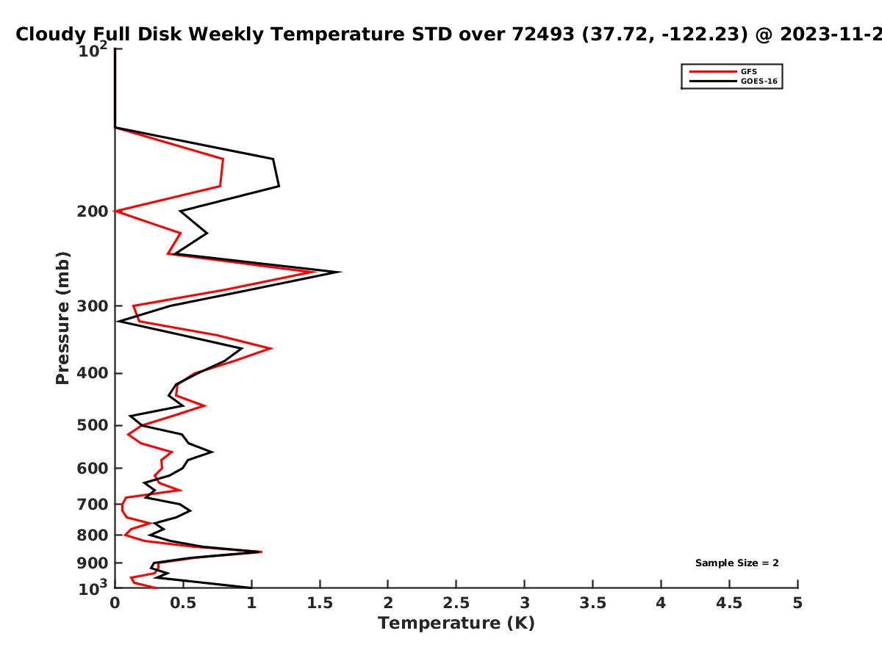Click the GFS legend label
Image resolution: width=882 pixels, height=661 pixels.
[x=748, y=71]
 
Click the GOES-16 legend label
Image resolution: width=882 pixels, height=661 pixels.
[x=759, y=81]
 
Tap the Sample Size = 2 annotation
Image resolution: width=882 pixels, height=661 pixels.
[x=737, y=563]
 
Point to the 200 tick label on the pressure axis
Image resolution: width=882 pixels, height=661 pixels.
[x=93, y=211]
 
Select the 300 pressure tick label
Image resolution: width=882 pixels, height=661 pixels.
[x=93, y=306]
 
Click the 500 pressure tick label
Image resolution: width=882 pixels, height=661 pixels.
[x=93, y=425]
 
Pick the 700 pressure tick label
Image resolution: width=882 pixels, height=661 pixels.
[x=93, y=504]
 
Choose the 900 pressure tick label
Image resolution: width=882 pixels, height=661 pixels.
[x=93, y=563]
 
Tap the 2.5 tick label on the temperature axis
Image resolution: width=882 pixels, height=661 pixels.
[x=456, y=603]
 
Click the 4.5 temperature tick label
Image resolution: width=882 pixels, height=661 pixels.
[x=729, y=603]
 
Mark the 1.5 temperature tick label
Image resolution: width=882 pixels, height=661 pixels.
[x=320, y=603]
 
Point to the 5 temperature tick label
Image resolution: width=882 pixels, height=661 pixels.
[x=797, y=603]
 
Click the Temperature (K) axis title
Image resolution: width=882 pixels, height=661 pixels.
[x=456, y=624]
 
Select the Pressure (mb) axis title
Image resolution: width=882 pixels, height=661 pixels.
[x=62, y=318]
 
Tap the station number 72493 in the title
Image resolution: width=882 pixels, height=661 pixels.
[x=543, y=35]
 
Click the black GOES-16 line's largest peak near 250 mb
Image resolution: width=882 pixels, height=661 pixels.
[x=340, y=272]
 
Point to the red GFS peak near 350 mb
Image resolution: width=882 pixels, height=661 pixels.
[x=272, y=348]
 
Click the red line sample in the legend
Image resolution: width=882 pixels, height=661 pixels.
[x=713, y=71]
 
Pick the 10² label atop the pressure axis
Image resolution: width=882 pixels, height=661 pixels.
[x=93, y=49]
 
